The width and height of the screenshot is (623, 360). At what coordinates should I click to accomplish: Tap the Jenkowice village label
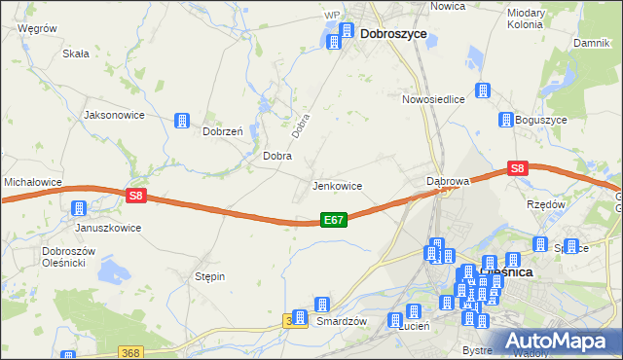pos(337,185)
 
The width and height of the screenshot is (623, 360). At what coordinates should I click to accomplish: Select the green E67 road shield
pos(333,221)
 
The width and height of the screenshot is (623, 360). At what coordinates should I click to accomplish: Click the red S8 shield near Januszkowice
pos(136,196)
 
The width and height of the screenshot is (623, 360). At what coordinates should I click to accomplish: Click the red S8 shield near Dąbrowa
pos(518,168)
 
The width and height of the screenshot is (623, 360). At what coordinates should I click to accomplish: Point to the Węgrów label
pos(37,29)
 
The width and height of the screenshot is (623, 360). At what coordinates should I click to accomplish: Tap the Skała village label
pos(76,54)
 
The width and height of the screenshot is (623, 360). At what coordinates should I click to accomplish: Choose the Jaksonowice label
pos(115,114)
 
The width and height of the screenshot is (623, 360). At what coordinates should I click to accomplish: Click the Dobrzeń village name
pos(222,130)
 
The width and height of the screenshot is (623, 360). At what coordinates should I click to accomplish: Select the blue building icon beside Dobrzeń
pos(182,121)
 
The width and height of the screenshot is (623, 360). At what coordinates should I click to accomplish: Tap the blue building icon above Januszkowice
pos(79,208)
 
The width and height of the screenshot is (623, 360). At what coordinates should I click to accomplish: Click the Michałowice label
pos(33,182)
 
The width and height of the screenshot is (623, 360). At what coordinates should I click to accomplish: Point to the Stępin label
pos(209,276)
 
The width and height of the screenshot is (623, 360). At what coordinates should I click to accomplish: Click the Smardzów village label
pos(341,321)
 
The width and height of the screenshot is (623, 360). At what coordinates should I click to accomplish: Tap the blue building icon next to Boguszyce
pos(506,121)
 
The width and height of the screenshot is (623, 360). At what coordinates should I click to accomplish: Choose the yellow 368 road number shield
pos(132,352)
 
